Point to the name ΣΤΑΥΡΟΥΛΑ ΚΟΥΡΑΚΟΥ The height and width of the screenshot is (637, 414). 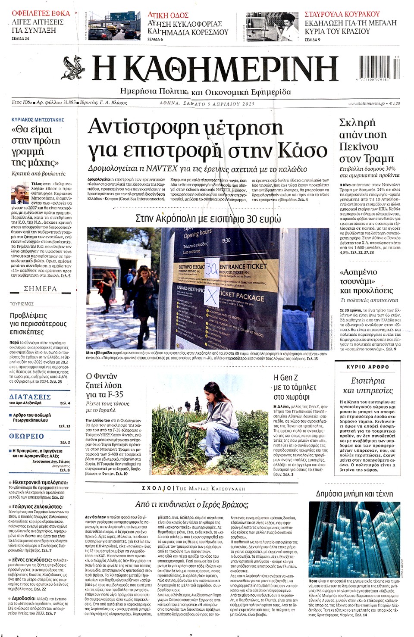click(x=342, y=14)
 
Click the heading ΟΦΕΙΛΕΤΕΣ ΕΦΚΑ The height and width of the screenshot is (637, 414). click(x=41, y=13)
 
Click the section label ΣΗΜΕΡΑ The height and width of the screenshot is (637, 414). click(x=40, y=289)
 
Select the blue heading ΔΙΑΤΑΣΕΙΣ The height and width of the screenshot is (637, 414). click(x=30, y=397)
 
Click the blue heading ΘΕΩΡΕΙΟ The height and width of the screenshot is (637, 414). click(x=26, y=436)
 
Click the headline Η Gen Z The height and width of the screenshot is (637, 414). click(x=285, y=378)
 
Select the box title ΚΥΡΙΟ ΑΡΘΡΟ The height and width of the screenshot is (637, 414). click(x=367, y=367)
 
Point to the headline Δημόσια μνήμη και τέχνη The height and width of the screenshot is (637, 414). click(x=354, y=494)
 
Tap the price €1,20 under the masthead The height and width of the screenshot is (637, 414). click(x=394, y=103)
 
